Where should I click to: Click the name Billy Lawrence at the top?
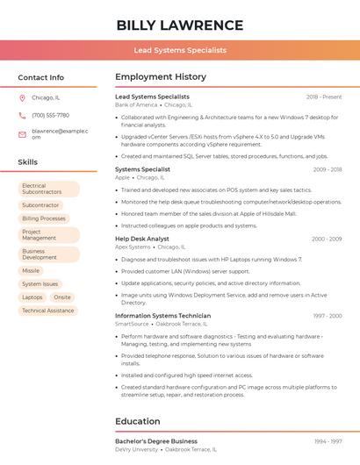[180, 25]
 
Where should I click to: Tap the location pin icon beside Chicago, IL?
[22, 97]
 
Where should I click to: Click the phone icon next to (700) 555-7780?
[22, 115]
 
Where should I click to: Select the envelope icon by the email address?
[22, 134]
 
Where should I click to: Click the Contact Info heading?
[40, 77]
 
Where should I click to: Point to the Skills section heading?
[27, 162]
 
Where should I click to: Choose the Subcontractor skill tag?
[40, 205]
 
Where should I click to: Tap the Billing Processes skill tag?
[44, 218]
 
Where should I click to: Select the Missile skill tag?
[31, 271]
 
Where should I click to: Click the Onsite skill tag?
[61, 297]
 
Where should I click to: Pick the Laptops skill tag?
[32, 297]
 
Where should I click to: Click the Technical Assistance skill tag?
[47, 311]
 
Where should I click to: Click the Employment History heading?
[160, 77]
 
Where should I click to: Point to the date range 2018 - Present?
[324, 97]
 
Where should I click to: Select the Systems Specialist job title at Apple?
[142, 169]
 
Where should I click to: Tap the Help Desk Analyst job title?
[142, 239]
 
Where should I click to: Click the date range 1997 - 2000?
[327, 315]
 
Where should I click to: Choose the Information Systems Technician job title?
[162, 315]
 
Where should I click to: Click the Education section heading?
[137, 421]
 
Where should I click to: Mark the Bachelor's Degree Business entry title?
[156, 441]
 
